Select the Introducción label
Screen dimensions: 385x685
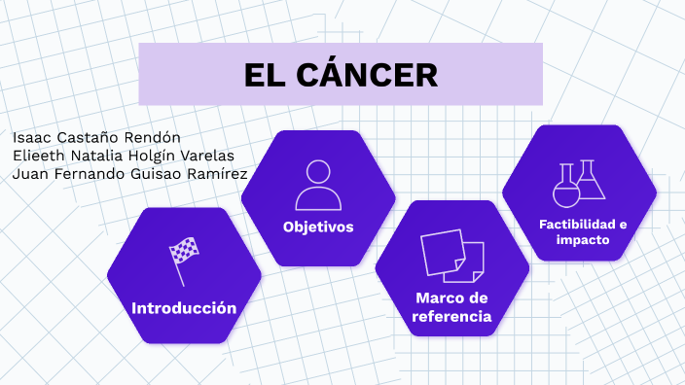184,308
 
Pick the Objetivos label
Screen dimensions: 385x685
318,227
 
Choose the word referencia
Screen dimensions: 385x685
451,317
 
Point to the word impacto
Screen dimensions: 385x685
583,239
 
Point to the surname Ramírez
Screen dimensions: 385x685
216,174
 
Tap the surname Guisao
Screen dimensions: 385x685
157,174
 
